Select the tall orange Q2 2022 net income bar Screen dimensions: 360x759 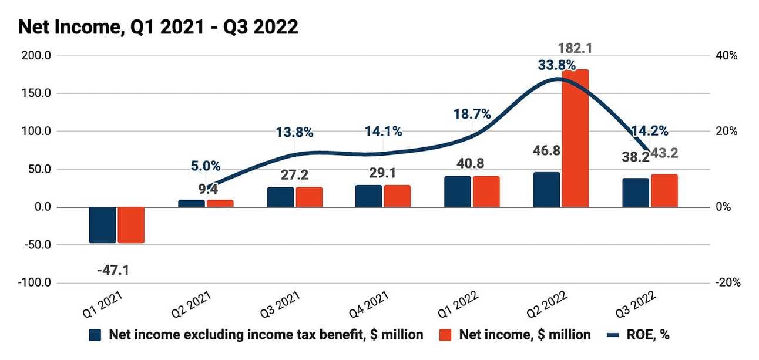point(575,138)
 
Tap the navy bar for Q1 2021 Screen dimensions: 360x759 point(102,225)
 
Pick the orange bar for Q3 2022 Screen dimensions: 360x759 point(664,191)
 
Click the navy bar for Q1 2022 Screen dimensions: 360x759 point(458,191)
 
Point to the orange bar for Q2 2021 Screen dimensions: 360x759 point(220,203)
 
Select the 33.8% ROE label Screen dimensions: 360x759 point(556,65)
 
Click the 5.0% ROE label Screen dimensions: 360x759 point(206,166)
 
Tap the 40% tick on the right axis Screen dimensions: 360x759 point(727,56)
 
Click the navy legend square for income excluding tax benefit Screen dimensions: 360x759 point(96,335)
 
